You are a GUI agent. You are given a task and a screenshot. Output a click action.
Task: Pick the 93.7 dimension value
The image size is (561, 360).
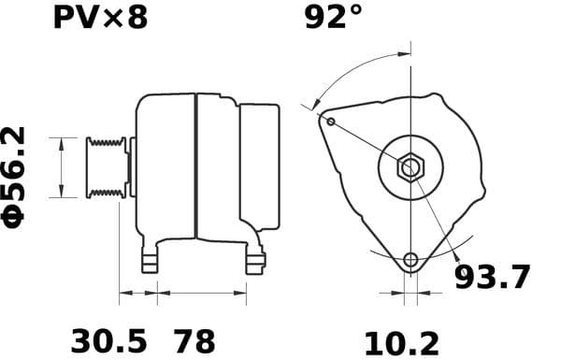[x=492, y=278]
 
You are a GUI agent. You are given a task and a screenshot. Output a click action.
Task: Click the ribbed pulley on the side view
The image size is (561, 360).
[x=106, y=167]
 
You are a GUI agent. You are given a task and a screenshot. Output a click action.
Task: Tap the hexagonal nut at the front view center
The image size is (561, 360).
[x=410, y=168]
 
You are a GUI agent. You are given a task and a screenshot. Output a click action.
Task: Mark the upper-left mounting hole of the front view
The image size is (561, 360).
[x=329, y=120]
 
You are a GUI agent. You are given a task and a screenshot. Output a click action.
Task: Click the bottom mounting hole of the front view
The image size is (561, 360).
[x=410, y=259]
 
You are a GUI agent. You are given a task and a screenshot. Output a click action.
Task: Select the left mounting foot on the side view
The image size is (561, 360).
[x=150, y=261]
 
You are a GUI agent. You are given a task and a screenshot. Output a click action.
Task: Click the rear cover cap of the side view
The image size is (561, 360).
[x=259, y=166]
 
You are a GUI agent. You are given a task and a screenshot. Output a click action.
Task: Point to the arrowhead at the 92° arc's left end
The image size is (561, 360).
[x=316, y=105]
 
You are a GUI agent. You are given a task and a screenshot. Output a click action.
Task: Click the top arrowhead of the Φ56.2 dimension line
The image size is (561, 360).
[x=62, y=141]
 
